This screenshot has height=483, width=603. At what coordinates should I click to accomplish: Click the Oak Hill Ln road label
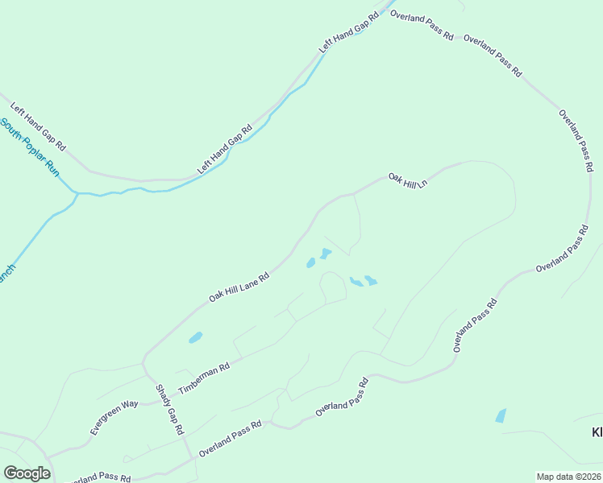click(x=407, y=180)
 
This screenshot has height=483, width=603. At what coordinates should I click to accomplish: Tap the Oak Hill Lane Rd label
click(x=238, y=287)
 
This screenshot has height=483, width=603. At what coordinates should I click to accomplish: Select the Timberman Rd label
click(x=204, y=377)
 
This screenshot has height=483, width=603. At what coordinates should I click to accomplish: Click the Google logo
click(x=27, y=473)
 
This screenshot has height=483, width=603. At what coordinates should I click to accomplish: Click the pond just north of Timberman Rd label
click(x=195, y=337)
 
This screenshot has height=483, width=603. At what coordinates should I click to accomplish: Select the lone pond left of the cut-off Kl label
click(x=501, y=415)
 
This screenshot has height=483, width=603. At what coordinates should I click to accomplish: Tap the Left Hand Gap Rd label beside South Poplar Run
click(x=37, y=126)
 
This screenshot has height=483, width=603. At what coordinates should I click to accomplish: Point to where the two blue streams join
click(x=77, y=193)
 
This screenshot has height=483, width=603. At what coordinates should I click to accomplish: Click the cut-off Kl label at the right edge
click(x=597, y=432)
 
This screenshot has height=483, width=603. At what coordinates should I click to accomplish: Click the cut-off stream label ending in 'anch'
click(x=7, y=274)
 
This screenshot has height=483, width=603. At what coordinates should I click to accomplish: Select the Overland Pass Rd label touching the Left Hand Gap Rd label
click(x=421, y=26)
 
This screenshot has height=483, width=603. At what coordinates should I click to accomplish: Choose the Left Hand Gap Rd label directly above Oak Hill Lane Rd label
click(x=225, y=150)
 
